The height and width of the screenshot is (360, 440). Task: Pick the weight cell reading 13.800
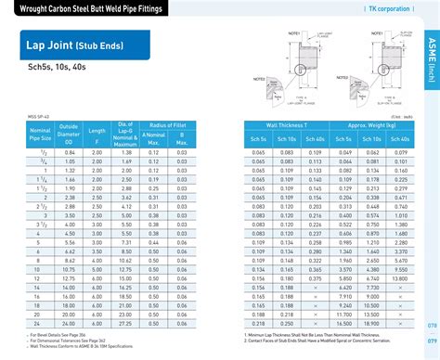pos(398,277)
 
